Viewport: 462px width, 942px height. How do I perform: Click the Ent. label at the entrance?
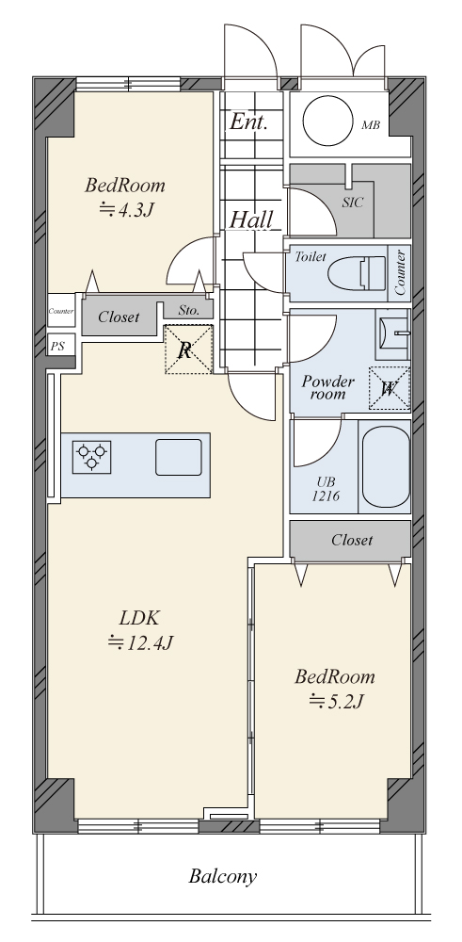click(x=248, y=122)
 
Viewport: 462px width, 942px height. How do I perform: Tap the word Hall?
click(x=252, y=219)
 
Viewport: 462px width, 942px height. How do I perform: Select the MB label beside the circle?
click(x=371, y=125)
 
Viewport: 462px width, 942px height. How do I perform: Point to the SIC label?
click(x=353, y=203)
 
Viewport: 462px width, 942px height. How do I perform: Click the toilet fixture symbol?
click(x=357, y=273)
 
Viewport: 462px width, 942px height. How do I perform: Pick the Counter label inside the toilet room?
click(x=401, y=272)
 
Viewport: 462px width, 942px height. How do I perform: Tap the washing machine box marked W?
click(x=389, y=388)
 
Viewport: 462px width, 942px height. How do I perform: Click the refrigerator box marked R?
click(x=188, y=349)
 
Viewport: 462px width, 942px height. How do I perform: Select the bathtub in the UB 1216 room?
click(x=386, y=466)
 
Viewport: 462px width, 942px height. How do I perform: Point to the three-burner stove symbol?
click(x=92, y=457)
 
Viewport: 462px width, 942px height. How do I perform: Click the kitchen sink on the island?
click(x=179, y=457)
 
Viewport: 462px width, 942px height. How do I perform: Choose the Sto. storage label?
click(x=188, y=311)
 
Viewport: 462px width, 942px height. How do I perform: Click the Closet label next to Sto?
click(x=119, y=317)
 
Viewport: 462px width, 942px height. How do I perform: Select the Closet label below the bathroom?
click(x=352, y=540)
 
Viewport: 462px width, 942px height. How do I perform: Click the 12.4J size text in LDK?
click(x=140, y=642)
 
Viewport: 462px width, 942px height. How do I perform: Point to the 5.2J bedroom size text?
click(x=335, y=701)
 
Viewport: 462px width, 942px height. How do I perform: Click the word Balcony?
click(x=223, y=876)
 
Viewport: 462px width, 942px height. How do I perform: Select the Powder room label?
click(x=327, y=387)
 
